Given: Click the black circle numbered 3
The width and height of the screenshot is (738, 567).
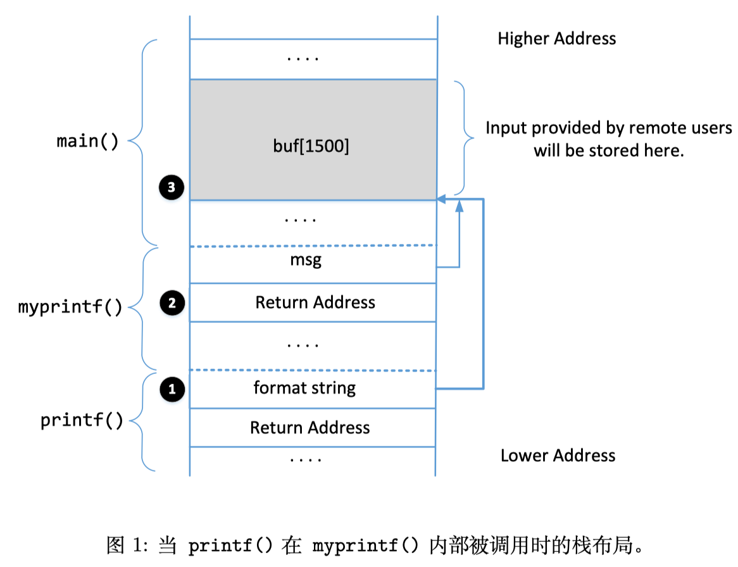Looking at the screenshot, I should [172, 187].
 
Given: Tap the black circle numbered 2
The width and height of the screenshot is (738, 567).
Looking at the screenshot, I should [172, 303].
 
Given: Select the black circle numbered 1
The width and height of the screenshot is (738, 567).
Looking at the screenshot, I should [172, 389].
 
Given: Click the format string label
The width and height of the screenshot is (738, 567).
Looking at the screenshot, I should [304, 387].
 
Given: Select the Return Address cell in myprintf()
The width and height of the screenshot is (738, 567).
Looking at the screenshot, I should [315, 302].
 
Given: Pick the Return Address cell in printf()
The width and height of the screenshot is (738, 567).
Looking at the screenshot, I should [310, 428].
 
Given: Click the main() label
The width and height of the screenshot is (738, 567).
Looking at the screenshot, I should [88, 141].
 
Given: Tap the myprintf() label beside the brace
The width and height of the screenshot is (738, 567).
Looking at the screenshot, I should [70, 308].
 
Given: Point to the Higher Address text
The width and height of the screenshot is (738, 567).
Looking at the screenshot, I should [556, 39].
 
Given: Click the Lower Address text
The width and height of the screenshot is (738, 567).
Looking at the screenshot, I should [558, 456].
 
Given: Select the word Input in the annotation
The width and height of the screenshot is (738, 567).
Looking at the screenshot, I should [506, 128].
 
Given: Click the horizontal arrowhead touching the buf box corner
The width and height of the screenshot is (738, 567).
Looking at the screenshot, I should [442, 200].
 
